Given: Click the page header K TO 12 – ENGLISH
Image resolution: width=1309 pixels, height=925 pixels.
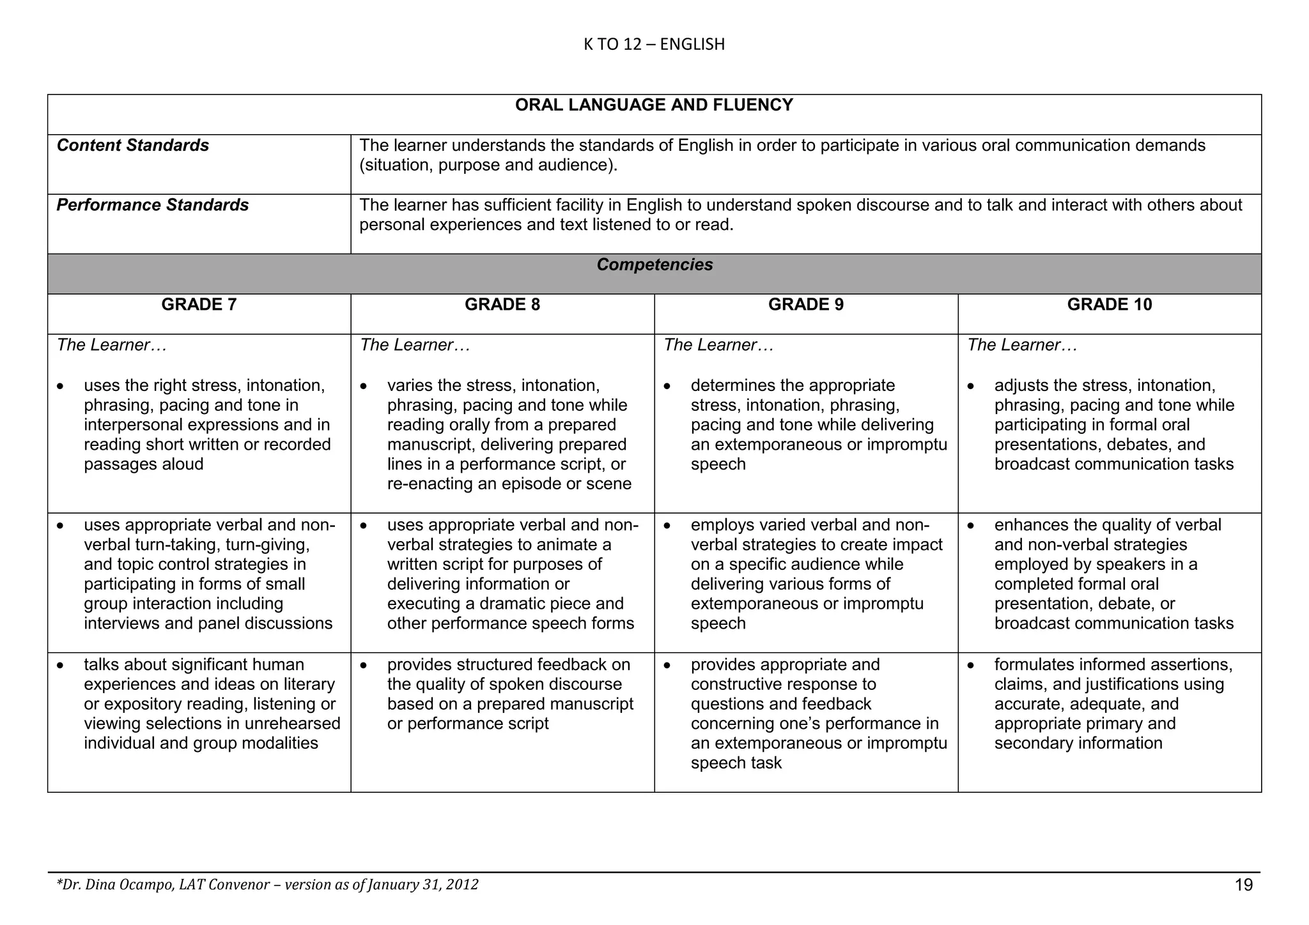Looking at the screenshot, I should click(x=654, y=44).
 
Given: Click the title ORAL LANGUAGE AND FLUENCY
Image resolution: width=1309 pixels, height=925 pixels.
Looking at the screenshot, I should click(x=654, y=105).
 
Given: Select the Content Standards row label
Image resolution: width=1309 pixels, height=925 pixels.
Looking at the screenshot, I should click(x=133, y=146).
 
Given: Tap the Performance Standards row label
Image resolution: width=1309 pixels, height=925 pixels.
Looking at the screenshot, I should click(x=153, y=205).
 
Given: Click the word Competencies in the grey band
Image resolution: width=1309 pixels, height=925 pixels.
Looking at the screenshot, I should click(x=654, y=265).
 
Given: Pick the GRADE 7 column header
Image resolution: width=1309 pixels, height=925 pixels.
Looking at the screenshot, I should click(x=199, y=305).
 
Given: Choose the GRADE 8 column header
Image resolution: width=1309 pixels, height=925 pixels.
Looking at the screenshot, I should click(x=502, y=305).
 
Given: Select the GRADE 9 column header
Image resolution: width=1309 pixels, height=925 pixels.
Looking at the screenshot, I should click(x=805, y=305).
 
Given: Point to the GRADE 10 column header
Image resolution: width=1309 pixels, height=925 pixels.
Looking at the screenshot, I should click(x=1109, y=305).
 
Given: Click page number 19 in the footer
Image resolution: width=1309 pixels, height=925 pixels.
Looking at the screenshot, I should click(x=1244, y=885).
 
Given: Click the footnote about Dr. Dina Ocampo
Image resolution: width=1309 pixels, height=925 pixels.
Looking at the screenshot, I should click(x=267, y=885).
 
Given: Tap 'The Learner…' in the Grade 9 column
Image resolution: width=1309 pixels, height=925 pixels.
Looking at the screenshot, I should click(x=718, y=345).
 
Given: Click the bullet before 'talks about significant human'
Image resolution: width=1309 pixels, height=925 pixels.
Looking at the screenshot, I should click(x=60, y=666).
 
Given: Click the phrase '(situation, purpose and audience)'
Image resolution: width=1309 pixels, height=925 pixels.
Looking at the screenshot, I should click(x=488, y=165).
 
